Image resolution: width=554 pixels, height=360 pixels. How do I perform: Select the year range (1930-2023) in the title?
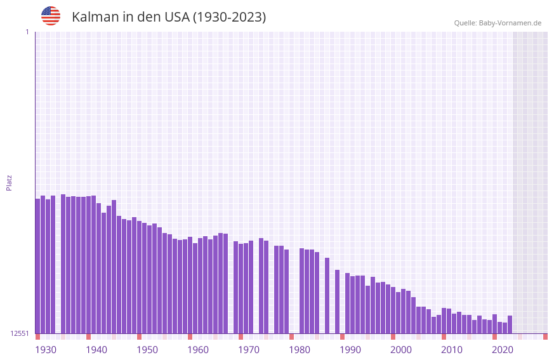229,17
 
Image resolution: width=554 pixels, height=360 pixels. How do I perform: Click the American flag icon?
51,16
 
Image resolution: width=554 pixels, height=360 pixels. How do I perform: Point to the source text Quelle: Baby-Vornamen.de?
498,23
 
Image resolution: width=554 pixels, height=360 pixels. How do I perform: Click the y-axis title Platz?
9,182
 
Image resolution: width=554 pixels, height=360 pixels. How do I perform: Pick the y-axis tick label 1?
27,32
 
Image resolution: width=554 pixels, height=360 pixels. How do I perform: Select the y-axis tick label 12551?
20,333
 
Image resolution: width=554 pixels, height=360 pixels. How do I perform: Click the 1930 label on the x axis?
46,350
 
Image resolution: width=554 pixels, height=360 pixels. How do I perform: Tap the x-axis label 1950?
147,350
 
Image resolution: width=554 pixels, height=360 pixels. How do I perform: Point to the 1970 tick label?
249,350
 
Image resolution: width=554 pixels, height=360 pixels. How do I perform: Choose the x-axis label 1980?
300,350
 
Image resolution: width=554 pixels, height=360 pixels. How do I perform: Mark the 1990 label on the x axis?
350,350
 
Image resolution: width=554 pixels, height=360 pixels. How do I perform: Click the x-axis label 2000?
401,350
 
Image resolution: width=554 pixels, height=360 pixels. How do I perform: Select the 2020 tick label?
503,350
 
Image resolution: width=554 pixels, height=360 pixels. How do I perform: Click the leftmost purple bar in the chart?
37,267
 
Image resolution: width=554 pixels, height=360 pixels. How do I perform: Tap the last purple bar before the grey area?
510,324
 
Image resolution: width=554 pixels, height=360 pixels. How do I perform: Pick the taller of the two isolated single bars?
327,295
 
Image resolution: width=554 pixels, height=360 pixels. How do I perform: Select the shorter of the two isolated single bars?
338,302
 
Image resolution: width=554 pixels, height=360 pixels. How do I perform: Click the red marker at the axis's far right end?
545,337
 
